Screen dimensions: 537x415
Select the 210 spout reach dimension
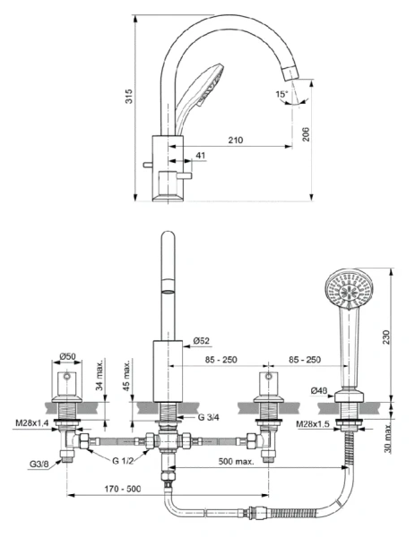pos(236,139)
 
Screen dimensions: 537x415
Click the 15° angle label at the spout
pos(282,94)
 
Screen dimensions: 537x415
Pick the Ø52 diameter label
pos(202,340)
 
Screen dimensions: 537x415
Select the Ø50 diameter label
pos(67,356)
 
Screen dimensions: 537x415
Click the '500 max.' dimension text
pos(237,461)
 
